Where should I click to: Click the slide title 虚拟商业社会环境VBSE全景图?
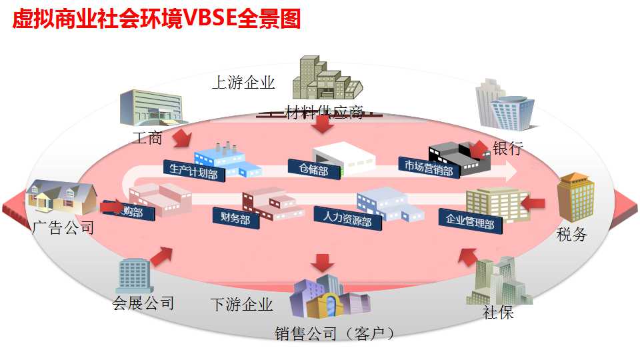point(157,19)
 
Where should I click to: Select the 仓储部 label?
point(309,168)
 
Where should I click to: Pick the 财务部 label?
point(231,217)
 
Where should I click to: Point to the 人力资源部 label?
point(347,218)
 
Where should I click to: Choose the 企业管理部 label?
point(469,220)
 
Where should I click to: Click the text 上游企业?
point(243,83)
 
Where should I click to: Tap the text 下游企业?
point(241,305)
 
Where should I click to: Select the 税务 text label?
point(572,234)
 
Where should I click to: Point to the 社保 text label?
point(498,311)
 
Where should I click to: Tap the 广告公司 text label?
point(63,228)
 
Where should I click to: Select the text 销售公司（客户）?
point(335,333)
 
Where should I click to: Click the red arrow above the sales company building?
point(324,262)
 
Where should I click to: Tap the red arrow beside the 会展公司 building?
point(161,255)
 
